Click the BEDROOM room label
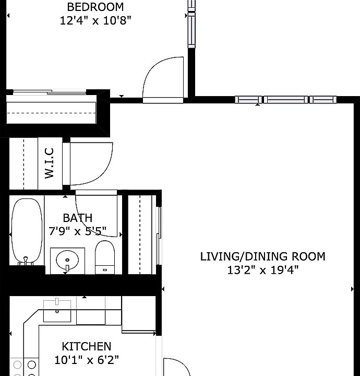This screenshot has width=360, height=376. (x=95, y=7)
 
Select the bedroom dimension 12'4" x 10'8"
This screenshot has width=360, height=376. (x=95, y=21)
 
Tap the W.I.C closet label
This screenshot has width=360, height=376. (x=50, y=163)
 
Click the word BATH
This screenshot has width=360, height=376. (x=78, y=218)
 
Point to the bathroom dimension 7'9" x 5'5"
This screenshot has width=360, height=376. (x=78, y=230)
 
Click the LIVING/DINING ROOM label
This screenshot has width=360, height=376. (x=262, y=256)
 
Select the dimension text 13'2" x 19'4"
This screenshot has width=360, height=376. (x=262, y=270)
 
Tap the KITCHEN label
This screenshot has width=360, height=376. (x=87, y=346)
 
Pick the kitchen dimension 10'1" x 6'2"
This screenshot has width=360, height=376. (x=87, y=360)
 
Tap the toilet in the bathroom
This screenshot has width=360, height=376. (x=104, y=257)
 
